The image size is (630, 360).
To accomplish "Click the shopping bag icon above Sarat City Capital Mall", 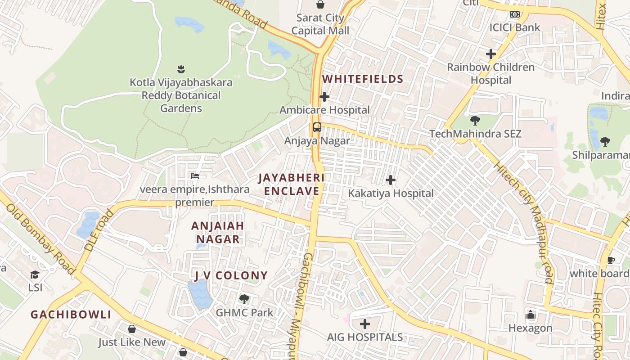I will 320,4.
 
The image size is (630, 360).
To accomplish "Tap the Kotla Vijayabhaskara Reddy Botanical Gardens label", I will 181,95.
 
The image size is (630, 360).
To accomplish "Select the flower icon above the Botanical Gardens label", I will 181,69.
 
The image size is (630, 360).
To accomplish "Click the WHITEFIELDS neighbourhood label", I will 363,79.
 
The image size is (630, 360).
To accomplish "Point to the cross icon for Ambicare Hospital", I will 324,97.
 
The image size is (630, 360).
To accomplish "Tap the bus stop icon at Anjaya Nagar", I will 317,127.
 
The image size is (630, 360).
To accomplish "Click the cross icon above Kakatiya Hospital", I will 391,180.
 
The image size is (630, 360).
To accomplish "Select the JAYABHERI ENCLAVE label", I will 292,184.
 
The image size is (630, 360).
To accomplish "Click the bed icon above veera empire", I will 194,176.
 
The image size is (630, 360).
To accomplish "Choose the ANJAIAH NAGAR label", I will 218,233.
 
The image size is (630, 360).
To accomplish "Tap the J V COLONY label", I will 231,275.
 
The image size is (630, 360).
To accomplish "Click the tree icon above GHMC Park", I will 244,299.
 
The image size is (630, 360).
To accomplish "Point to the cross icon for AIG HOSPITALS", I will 365,324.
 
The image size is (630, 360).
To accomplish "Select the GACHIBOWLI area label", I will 71,315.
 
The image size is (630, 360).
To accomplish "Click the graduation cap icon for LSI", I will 35,274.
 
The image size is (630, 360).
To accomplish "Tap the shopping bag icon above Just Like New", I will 132,329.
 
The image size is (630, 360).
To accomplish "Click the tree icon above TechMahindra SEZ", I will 475,121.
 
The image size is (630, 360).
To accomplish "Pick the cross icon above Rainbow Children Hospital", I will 490,54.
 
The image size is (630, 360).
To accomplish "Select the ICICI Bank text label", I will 515,27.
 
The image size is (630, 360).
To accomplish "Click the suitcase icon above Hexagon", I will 531,315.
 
